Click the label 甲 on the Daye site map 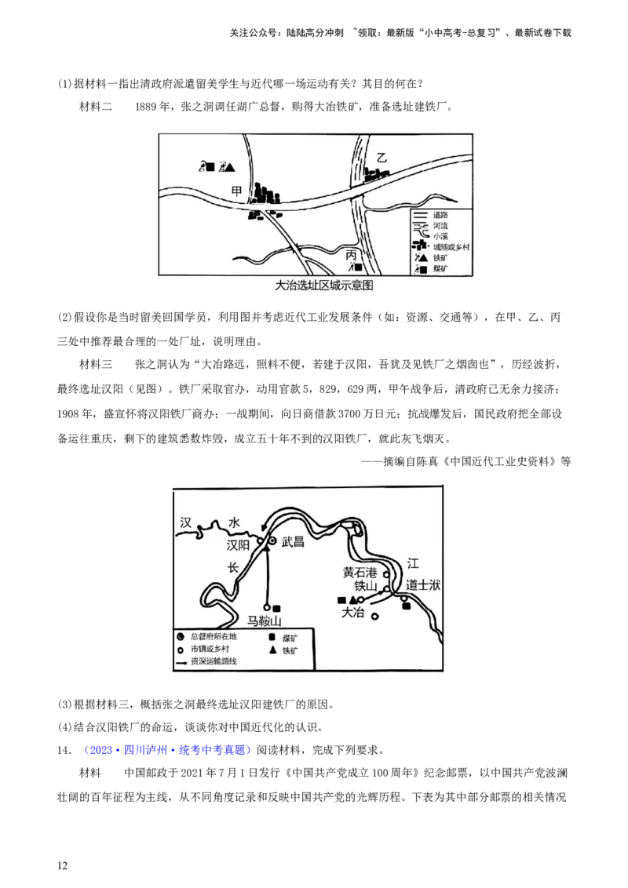(x=237, y=191)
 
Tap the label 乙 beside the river (x=382, y=158)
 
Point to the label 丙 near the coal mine (x=352, y=256)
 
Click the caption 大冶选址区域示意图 (x=323, y=286)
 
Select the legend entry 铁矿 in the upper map (x=440, y=258)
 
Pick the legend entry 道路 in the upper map (x=440, y=215)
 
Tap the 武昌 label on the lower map (x=293, y=542)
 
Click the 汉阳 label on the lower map (x=238, y=545)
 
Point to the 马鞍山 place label (x=264, y=621)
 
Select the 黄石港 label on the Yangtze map (x=360, y=573)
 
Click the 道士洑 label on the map (x=423, y=585)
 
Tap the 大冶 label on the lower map (x=352, y=612)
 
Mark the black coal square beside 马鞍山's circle (x=276, y=608)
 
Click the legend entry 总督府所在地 (x=214, y=636)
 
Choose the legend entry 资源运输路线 (x=214, y=661)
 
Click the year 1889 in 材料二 (x=146, y=107)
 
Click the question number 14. (x=64, y=750)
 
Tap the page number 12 (x=62, y=865)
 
